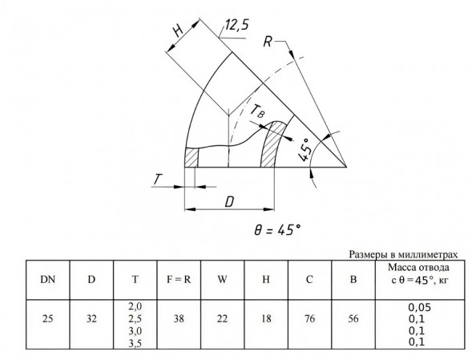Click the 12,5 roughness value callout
pyautogui.click(x=237, y=25)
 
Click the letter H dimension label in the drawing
pyautogui.click(x=179, y=30)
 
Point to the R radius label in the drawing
pyautogui.click(x=268, y=42)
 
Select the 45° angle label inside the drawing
pyautogui.click(x=305, y=150)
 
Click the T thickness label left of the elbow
pyautogui.click(x=157, y=180)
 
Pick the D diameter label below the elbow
pyautogui.click(x=229, y=202)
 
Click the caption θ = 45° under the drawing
pyautogui.click(x=277, y=230)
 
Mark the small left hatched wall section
pyautogui.click(x=192, y=157)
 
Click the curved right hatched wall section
pyautogui.click(x=272, y=144)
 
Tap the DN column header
pyautogui.click(x=48, y=280)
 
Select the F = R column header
pyautogui.click(x=179, y=280)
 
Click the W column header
pyautogui.click(x=222, y=280)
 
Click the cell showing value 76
pyautogui.click(x=309, y=318)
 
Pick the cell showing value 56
pyautogui.click(x=353, y=318)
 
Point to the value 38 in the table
pyautogui.click(x=179, y=318)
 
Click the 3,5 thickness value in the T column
pyautogui.click(x=135, y=343)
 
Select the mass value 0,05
pyautogui.click(x=420, y=307)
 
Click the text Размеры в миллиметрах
pyautogui.click(x=403, y=254)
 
